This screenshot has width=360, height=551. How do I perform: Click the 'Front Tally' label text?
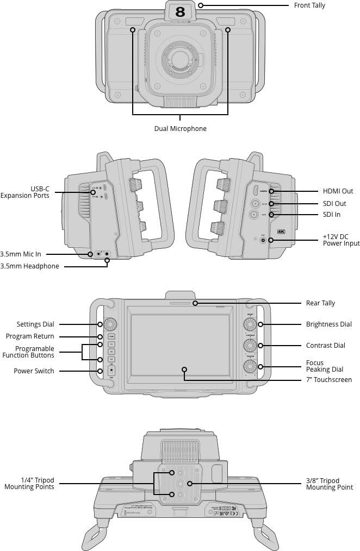[309, 5]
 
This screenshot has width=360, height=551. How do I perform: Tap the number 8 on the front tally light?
[180, 12]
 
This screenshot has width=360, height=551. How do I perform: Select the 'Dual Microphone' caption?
[180, 129]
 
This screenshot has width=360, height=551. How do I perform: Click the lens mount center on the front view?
[180, 58]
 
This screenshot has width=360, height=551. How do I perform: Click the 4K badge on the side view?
[281, 231]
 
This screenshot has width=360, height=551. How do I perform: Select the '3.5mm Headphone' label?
[30, 266]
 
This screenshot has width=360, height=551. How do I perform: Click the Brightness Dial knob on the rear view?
[251, 325]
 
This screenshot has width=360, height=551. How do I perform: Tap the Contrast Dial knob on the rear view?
[251, 346]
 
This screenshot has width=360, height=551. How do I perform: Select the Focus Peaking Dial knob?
[251, 366]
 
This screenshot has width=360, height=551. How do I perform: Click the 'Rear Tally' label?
[320, 303]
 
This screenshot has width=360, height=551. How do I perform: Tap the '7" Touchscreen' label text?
[328, 380]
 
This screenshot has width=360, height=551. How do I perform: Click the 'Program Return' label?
[30, 336]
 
